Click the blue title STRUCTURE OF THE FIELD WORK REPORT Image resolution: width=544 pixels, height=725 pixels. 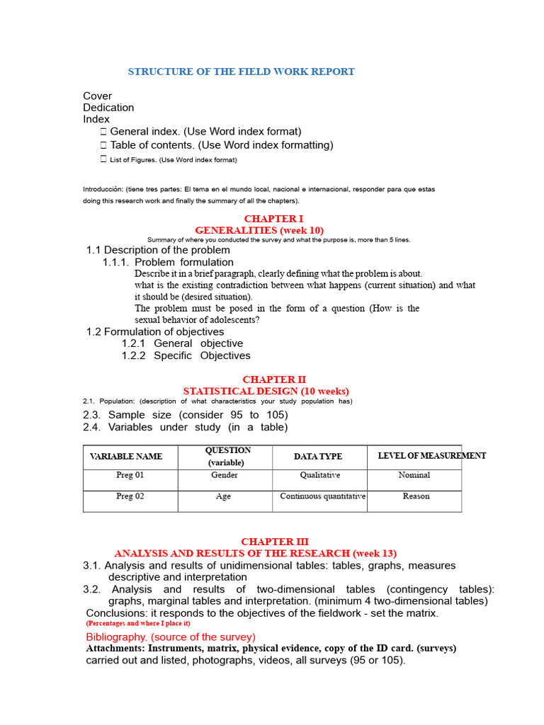coord(241,72)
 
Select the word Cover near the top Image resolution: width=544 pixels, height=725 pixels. coord(98,96)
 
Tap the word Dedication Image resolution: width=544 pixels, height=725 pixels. coord(108,108)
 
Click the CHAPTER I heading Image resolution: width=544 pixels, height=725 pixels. coord(273,219)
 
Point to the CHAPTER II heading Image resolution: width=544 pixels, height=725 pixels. coord(274,379)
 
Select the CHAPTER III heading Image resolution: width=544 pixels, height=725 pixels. coord(275,542)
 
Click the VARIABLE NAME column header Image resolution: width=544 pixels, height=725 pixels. coord(126,457)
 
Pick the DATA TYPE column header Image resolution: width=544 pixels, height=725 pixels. coord(318,457)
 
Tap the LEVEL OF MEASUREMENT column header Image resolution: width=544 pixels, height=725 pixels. coord(431,456)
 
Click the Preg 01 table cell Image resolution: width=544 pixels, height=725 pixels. coord(130,476)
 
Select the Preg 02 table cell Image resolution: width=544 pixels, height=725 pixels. coord(130,496)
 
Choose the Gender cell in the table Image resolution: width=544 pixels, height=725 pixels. coord(224,476)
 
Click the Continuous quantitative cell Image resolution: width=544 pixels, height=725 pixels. coord(322,496)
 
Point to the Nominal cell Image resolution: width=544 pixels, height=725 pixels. coord(414,476)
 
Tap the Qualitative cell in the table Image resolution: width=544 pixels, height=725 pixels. coord(319,476)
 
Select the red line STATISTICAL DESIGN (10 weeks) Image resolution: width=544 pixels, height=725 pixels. coord(266,391)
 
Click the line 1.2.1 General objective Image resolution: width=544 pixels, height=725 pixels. coord(182,343)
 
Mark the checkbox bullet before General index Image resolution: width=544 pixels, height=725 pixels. coord(103,132)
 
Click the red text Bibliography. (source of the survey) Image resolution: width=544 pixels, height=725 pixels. coord(171,637)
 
